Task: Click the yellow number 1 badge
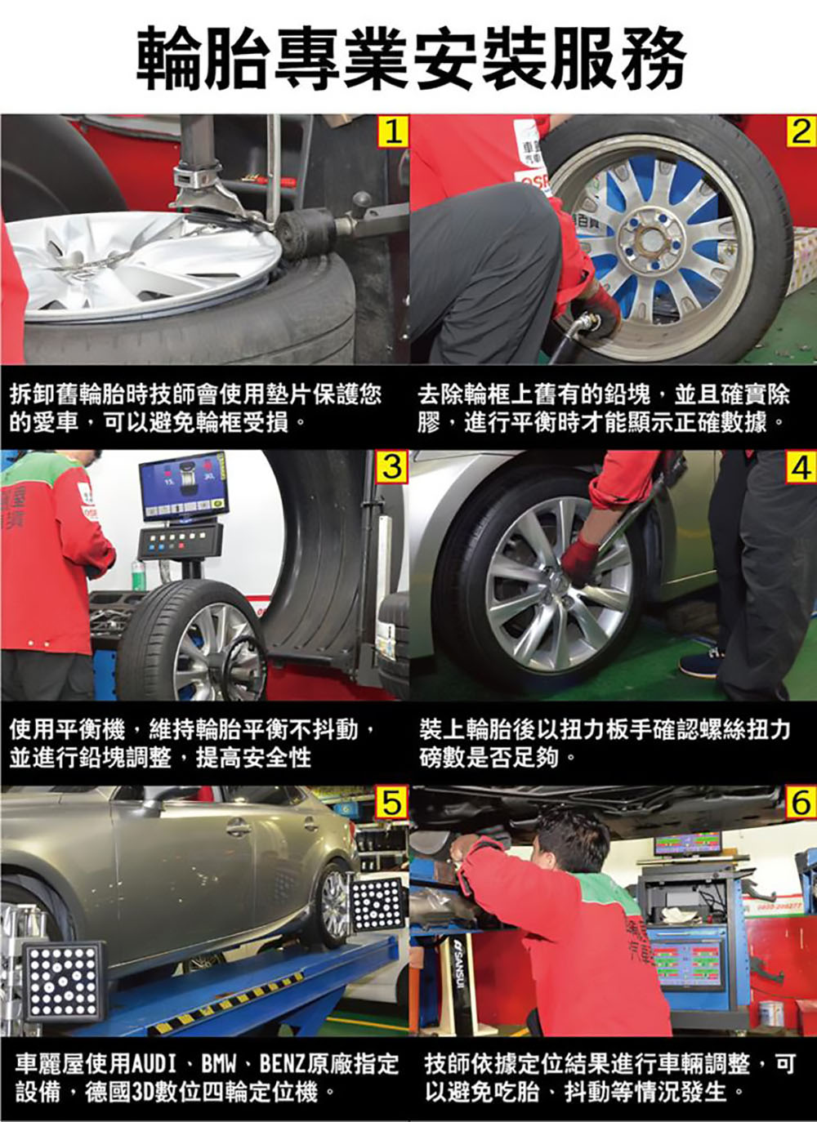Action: point(392,131)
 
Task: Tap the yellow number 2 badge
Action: point(801,131)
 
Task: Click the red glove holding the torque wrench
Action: point(580,560)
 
